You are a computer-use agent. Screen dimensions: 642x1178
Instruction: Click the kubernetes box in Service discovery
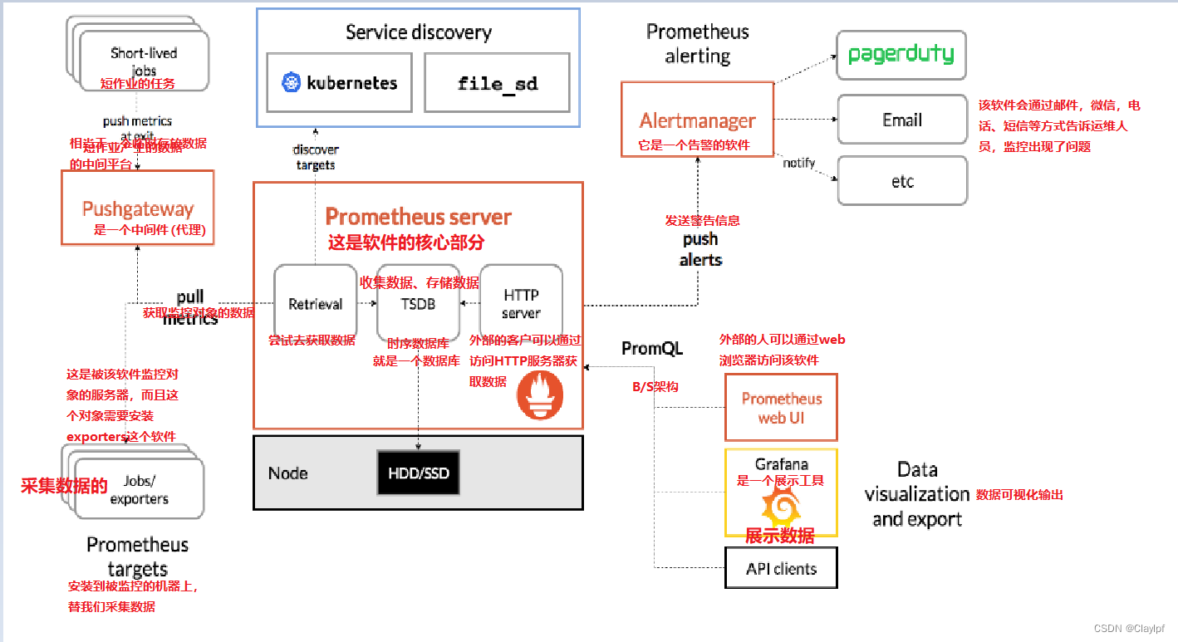point(339,83)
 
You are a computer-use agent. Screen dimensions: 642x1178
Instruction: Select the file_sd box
point(497,83)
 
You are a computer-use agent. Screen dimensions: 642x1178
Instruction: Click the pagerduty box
point(901,56)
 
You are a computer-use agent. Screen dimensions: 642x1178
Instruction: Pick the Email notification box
point(901,120)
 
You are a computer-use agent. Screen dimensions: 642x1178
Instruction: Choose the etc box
point(901,181)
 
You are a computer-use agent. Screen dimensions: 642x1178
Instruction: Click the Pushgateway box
point(138,208)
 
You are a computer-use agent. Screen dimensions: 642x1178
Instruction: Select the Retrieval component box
point(315,304)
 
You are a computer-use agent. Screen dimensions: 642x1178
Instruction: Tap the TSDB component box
point(418,304)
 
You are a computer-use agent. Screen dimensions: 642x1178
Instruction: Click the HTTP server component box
point(521,304)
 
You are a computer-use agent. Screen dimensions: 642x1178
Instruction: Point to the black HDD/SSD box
point(418,473)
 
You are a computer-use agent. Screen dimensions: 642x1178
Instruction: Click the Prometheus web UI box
point(781,408)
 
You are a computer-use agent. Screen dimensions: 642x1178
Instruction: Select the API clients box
point(781,569)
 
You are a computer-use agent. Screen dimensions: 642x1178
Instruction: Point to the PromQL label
point(651,349)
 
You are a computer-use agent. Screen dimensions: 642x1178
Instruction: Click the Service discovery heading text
point(418,32)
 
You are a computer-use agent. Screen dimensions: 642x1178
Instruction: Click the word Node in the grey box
point(287,473)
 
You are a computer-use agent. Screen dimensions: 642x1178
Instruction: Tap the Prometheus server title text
point(418,218)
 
